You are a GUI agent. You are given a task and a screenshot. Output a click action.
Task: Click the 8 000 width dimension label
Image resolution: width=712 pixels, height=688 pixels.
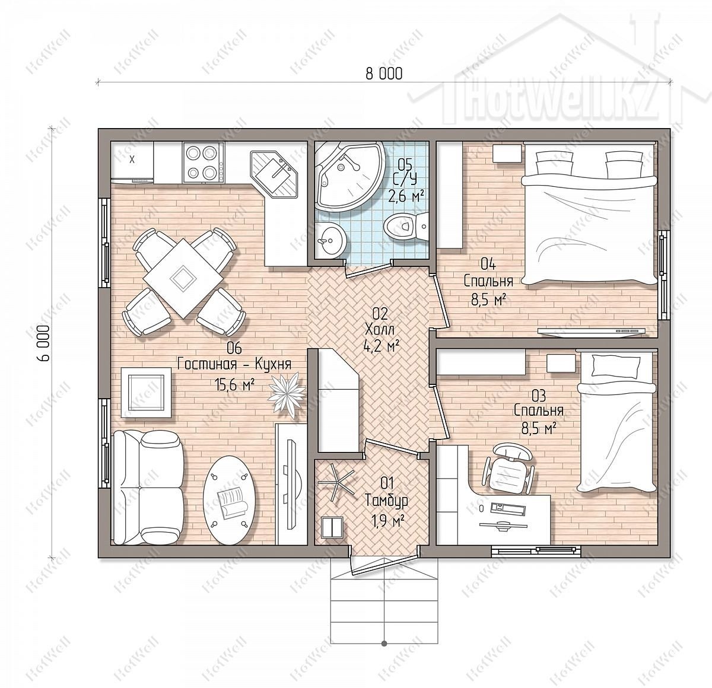coord(384,74)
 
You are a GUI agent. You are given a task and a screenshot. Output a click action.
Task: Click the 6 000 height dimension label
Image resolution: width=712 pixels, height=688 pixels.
coord(44,343)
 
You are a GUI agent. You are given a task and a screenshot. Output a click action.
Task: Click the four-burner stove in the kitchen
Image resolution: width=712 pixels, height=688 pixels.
coord(203,162)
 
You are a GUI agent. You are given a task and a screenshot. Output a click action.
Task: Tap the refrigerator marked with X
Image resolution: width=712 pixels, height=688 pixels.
coord(132,162)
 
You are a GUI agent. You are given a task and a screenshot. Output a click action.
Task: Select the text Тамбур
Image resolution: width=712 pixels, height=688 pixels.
coord(387,501)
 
